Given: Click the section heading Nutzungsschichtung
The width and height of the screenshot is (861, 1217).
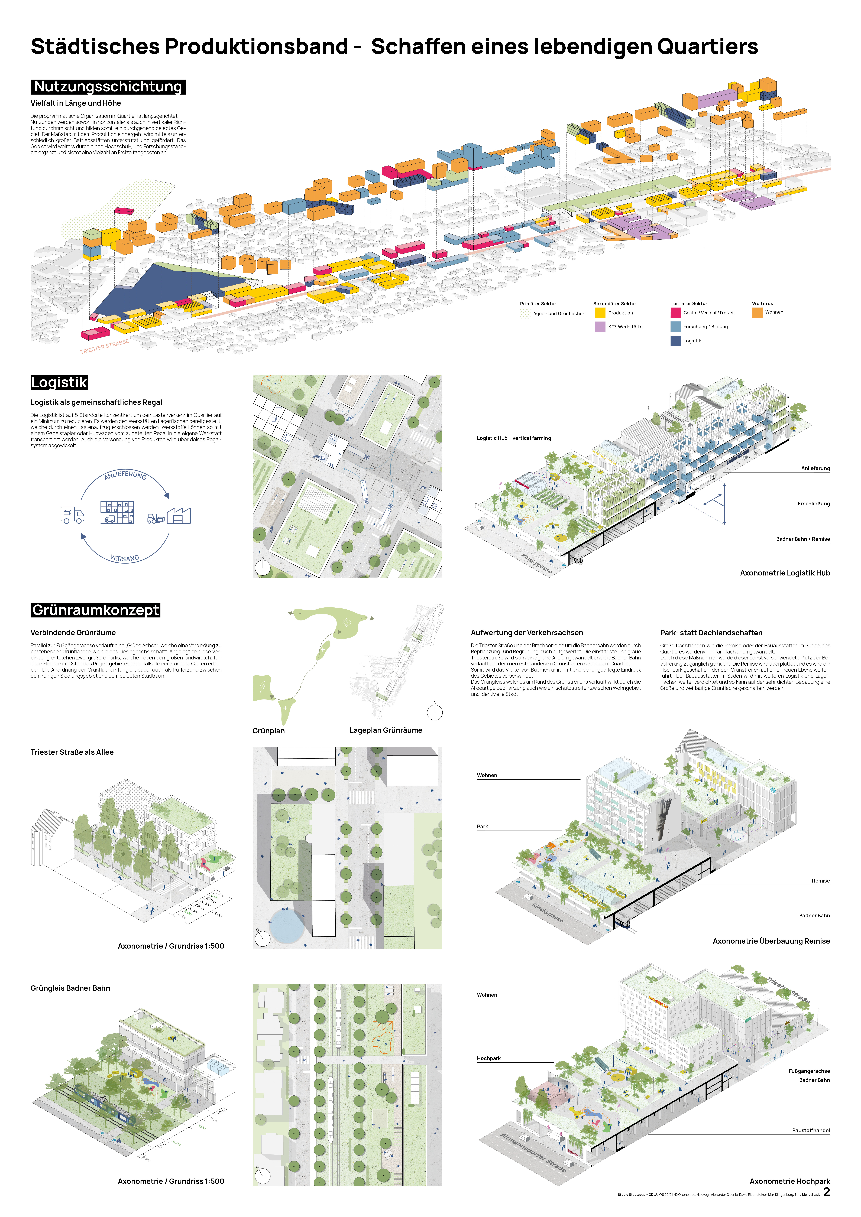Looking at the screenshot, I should pos(108,87).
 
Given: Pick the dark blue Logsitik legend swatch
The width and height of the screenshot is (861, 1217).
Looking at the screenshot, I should pos(675,341).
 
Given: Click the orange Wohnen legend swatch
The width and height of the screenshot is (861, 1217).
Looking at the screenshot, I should pos(757,313).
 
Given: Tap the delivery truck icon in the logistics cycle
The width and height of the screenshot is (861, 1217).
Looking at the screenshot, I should pos(72,515).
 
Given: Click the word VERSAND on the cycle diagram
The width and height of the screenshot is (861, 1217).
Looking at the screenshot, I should pos(125,558).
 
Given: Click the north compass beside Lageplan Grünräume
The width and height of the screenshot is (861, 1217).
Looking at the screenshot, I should pos(435,712).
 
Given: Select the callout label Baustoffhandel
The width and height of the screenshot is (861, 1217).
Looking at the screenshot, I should pos(811,1131).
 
